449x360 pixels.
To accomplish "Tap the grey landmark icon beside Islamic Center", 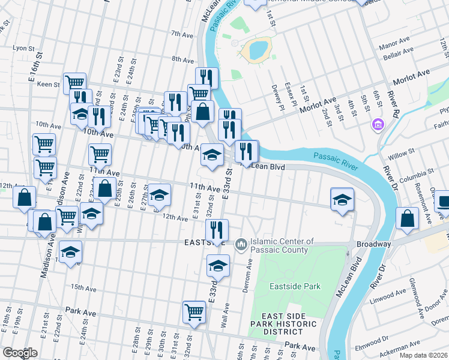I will pos(241,244).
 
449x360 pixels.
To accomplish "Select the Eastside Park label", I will pos(295,287).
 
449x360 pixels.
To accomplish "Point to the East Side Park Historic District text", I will pos(284,324).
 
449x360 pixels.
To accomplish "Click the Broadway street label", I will pos(373,244).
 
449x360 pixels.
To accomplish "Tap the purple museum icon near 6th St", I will pos(378,125).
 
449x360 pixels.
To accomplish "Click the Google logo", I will pos(20,353).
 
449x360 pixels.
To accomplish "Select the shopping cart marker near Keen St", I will pos(75,83).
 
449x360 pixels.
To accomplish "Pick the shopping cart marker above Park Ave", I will pos(194,311).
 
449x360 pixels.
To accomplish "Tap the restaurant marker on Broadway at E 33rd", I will pos(217,229).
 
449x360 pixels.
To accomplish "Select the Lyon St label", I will pos(25,47).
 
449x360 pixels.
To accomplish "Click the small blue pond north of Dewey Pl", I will pos(257,50).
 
